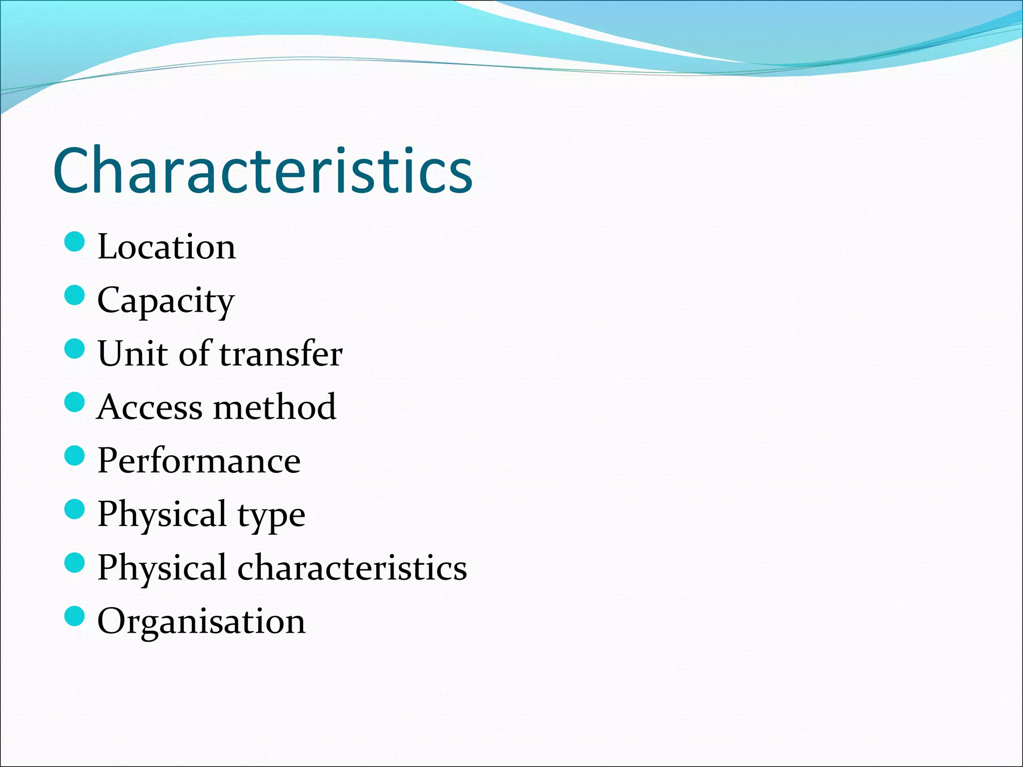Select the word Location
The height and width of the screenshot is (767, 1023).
[x=166, y=247]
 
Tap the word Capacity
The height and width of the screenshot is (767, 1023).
[x=165, y=301]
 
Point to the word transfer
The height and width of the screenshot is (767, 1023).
[x=281, y=354]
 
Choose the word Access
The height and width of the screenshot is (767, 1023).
[x=149, y=407]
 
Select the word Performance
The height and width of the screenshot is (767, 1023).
[x=199, y=460]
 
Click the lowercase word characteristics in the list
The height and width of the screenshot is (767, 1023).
[x=352, y=568]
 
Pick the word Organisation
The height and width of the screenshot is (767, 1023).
[x=201, y=621]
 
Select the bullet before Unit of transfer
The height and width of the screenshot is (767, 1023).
[x=75, y=349]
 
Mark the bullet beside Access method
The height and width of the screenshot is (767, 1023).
[x=75, y=402]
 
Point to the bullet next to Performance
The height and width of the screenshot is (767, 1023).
[x=75, y=455]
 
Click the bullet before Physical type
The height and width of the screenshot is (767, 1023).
[x=75, y=509]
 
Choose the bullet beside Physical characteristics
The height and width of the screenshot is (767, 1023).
[x=75, y=563]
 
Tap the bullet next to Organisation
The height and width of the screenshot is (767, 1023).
[x=75, y=616]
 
